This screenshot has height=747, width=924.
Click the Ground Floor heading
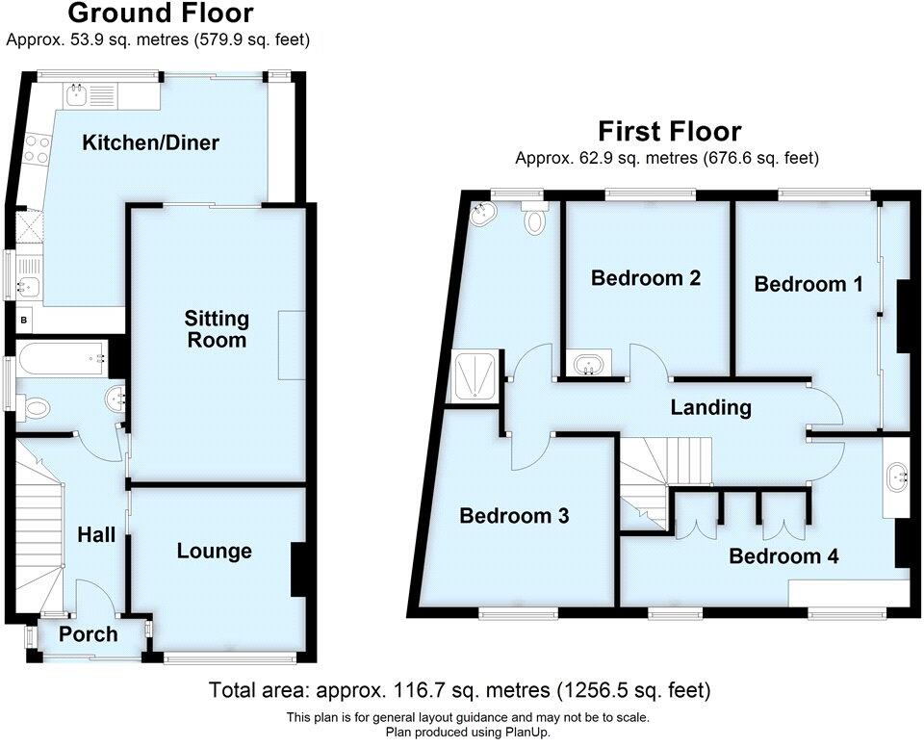(162, 13)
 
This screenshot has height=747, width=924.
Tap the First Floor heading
(669, 131)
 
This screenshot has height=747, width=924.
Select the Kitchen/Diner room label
(150, 143)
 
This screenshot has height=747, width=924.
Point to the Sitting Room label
(217, 329)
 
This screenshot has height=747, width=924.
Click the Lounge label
(214, 551)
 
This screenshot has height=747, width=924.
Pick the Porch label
(88, 634)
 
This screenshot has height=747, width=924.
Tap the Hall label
(96, 533)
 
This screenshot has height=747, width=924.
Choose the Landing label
(710, 407)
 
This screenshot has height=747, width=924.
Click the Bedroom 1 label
(808, 284)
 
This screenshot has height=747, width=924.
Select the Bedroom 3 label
(513, 516)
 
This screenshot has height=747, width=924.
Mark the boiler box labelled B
(22, 319)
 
